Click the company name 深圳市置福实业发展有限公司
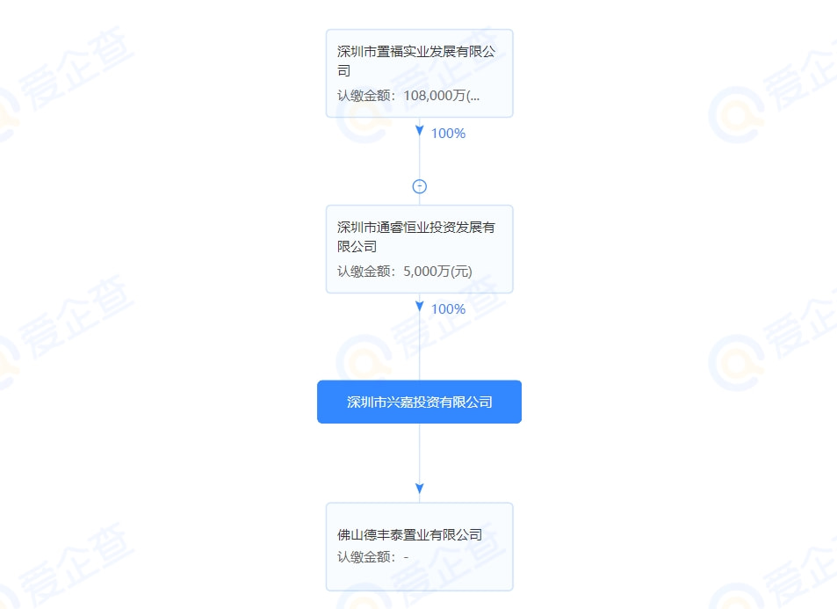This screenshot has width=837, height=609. click(x=415, y=61)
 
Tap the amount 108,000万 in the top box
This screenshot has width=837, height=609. click(x=435, y=96)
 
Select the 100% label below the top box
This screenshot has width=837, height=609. click(x=449, y=133)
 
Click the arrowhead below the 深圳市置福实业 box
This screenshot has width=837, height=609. click(x=420, y=130)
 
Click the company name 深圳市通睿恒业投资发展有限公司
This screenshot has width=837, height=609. click(x=415, y=236)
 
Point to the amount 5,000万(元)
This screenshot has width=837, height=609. click(x=437, y=272)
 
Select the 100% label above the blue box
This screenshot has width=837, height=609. click(x=449, y=308)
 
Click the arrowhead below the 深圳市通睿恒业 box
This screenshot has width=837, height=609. click(x=420, y=306)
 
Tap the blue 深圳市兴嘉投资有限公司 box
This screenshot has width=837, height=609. click(x=419, y=402)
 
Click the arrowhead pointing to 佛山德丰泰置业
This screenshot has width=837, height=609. click(x=420, y=489)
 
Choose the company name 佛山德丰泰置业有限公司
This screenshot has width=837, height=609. click(x=409, y=535)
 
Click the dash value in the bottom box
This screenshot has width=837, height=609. click(x=407, y=557)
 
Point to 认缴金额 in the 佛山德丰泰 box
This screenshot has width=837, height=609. click(x=361, y=557)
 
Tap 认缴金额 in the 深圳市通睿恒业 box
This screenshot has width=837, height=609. click(x=361, y=272)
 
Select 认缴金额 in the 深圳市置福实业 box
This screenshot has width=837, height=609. click(x=361, y=96)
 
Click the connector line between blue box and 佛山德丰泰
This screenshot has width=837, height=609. click(x=420, y=453)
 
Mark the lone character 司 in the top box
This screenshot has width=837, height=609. click(x=343, y=70)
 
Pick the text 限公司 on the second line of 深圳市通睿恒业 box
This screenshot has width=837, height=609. click(x=357, y=246)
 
